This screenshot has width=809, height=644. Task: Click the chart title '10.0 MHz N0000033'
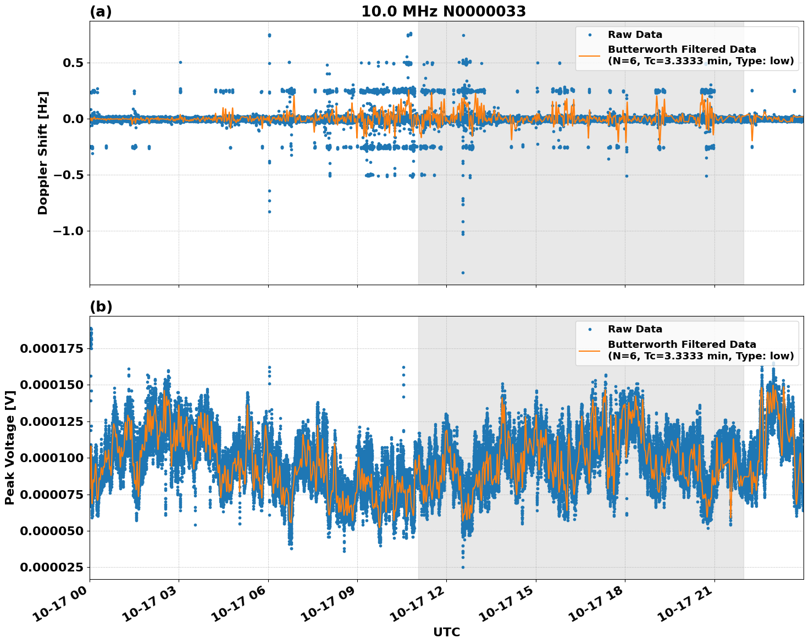pyautogui.click(x=443, y=12)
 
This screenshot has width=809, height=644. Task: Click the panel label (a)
pyautogui.click(x=101, y=12)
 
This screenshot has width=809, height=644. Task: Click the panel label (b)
pyautogui.click(x=101, y=307)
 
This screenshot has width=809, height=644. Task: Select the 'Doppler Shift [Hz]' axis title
pyautogui.click(x=43, y=153)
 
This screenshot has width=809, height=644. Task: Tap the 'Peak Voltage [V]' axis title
pyautogui.click(x=9, y=447)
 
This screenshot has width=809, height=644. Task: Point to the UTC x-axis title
pyautogui.click(x=446, y=632)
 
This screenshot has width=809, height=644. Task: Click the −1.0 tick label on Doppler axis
pyautogui.click(x=68, y=231)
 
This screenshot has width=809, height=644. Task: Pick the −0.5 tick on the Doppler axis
pyautogui.click(x=68, y=175)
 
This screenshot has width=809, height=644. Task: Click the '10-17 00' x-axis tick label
pyautogui.click(x=61, y=604)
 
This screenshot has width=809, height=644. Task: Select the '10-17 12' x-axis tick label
pyautogui.click(x=418, y=604)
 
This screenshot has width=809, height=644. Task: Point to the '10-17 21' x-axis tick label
pyautogui.click(x=686, y=604)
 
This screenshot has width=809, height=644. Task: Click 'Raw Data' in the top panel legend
pyautogui.click(x=635, y=35)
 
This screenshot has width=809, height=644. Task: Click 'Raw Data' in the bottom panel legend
pyautogui.click(x=635, y=329)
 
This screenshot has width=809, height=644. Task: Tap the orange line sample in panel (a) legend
pyautogui.click(x=590, y=55)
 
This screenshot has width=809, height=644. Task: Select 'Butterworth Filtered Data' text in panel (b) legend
pyautogui.click(x=681, y=345)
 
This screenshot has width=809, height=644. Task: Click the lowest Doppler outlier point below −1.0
pyautogui.click(x=463, y=273)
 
